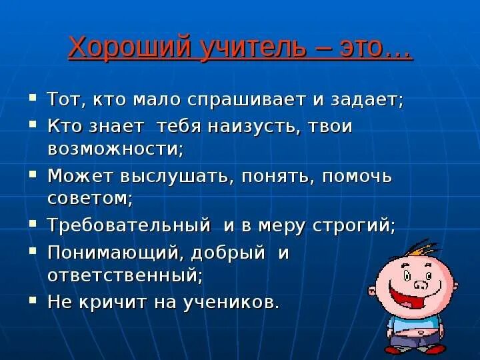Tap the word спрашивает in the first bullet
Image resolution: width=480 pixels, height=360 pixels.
239,101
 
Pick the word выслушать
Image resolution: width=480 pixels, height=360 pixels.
177,177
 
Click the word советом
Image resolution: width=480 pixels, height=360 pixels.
89,198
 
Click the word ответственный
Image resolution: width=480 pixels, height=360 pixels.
124,274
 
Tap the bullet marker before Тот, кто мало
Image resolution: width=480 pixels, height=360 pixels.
33,99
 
